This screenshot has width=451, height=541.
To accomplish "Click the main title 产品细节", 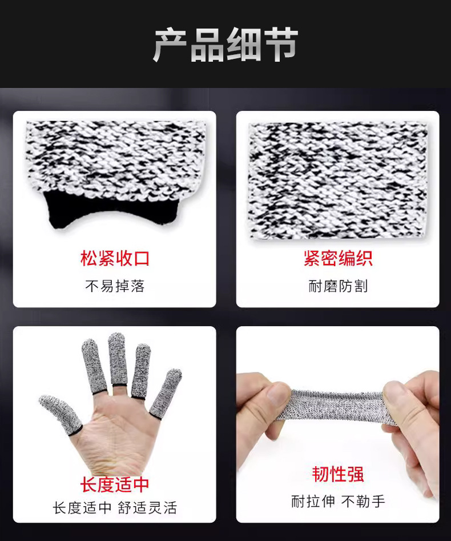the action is coord(226,45).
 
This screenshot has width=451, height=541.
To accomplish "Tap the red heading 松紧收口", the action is coord(115,258).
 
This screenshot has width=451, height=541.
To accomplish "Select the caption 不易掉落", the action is coord(115,286).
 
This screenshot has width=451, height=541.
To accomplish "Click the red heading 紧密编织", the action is coord(338,258).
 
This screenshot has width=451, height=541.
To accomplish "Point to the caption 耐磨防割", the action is coord(338,286).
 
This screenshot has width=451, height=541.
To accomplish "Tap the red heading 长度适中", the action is coord(115,484).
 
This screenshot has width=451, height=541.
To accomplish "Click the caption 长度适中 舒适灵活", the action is coord(115,508).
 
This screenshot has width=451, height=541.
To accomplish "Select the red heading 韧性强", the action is coord(338,474).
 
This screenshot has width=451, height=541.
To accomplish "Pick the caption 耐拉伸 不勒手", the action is coord(338,501).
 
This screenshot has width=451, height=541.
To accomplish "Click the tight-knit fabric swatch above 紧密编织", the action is coord(338,180).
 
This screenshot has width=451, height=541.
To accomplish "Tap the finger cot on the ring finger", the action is coord(142,371).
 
